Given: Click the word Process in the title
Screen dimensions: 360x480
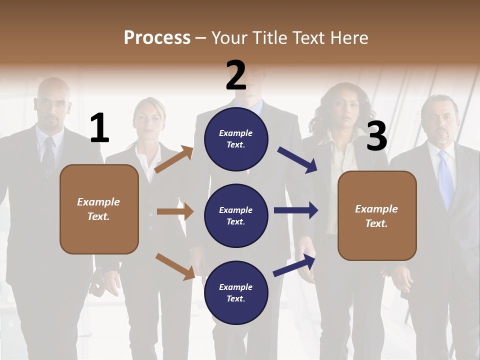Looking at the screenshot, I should [157, 37].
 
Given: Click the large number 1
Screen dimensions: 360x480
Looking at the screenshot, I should [99, 128].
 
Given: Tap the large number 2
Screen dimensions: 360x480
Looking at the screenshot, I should [236, 75].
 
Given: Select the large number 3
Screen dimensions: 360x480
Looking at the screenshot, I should [376, 136].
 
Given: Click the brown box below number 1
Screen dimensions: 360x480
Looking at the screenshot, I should [99, 209].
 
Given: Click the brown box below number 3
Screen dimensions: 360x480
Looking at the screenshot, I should [377, 215].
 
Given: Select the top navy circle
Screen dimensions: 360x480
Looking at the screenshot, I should [236, 138].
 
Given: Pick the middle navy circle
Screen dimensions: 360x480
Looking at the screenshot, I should [236, 215].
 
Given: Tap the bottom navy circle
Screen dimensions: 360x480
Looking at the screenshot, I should [236, 292].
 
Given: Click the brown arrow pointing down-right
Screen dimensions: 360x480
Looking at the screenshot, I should [175, 266].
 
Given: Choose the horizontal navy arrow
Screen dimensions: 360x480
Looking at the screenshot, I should [296, 210].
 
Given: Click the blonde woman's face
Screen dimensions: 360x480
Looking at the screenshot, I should [148, 120].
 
